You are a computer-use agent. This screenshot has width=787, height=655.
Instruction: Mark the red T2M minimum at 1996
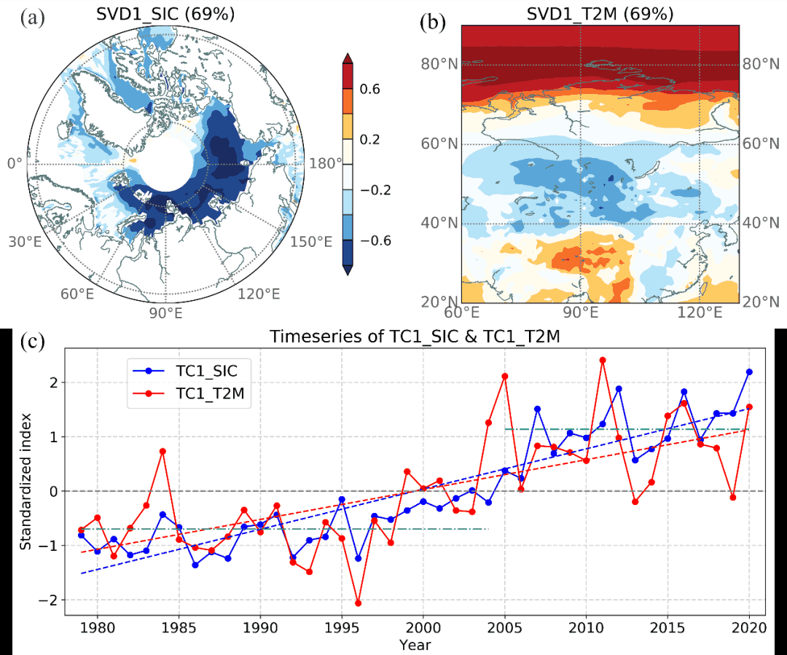point(359,603)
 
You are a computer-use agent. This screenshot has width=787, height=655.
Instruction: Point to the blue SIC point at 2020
point(749,372)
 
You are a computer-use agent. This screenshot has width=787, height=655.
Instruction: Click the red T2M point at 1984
point(163,451)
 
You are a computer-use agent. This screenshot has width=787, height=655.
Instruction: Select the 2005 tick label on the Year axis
point(504,629)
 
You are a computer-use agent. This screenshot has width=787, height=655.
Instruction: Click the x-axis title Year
point(415,646)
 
